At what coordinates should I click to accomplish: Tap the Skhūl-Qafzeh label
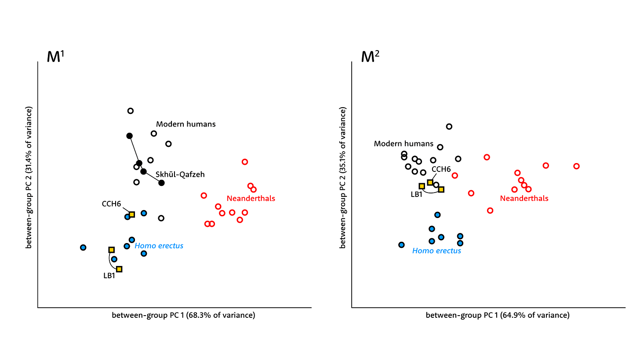(x=180, y=175)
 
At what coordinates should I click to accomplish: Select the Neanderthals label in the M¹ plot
(x=251, y=198)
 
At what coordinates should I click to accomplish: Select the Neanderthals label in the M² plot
(x=524, y=198)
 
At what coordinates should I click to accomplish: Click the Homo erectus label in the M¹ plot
(x=159, y=246)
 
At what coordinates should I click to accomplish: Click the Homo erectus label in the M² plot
(x=436, y=251)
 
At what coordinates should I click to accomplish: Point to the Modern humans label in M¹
(x=186, y=124)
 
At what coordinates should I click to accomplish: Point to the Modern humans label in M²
(x=404, y=144)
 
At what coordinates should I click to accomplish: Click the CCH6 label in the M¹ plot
(x=111, y=204)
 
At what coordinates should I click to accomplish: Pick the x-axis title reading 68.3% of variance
(x=183, y=315)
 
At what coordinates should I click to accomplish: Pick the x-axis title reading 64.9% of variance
(x=497, y=315)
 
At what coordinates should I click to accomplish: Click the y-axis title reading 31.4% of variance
(x=29, y=177)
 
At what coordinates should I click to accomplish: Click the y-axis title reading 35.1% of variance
(x=343, y=177)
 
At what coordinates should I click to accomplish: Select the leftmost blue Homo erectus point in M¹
(x=83, y=247)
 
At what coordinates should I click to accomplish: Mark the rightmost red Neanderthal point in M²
(x=576, y=166)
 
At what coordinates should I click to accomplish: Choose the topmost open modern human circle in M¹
(x=130, y=111)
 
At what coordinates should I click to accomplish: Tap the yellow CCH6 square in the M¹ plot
(x=131, y=215)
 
